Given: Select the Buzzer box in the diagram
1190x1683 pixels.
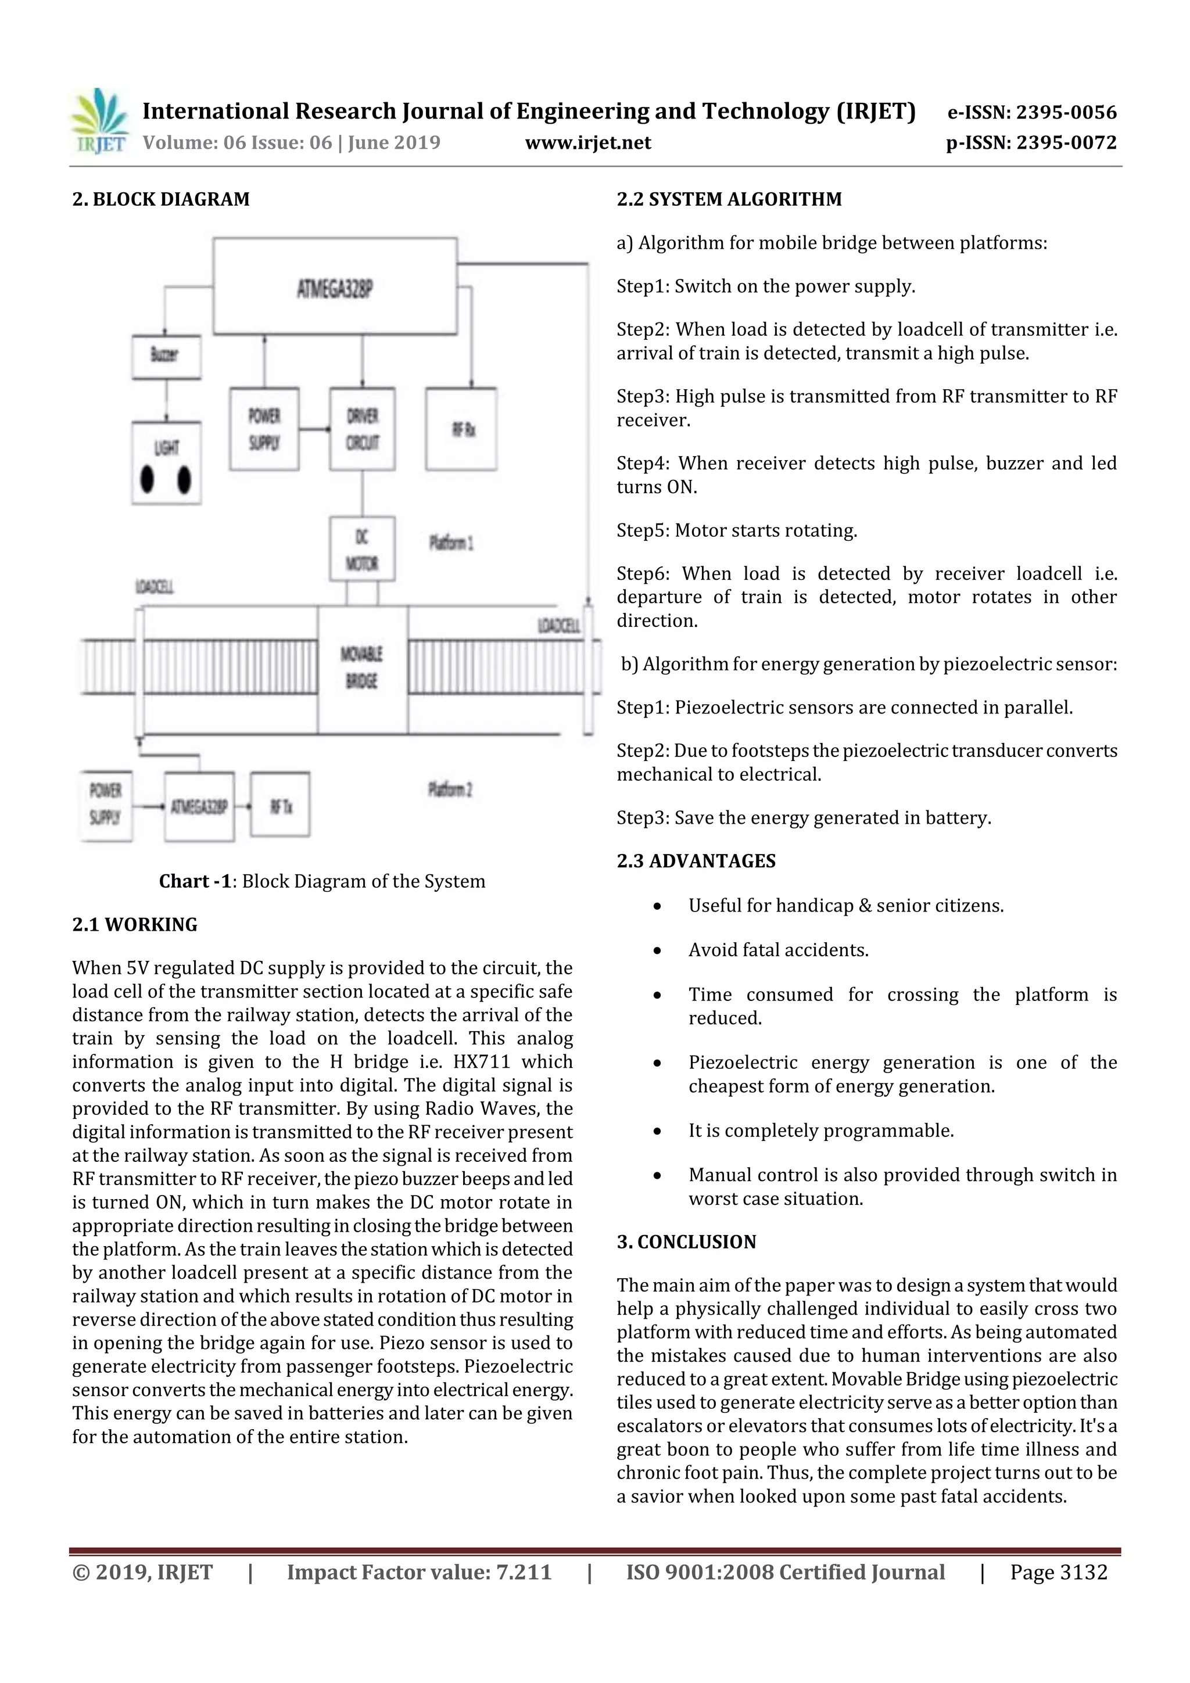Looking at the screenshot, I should tap(166, 357).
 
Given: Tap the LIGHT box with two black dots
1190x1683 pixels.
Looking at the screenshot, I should tap(166, 462).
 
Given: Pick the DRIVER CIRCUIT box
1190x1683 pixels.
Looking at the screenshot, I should tap(362, 429).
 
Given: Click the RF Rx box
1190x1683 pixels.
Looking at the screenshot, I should tap(461, 429).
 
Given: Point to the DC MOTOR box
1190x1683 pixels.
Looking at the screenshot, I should tap(362, 548).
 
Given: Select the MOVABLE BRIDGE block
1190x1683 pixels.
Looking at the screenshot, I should tap(362, 669).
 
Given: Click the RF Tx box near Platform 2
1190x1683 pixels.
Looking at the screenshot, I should tap(280, 806).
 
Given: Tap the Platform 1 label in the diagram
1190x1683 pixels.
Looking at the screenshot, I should tap(451, 543).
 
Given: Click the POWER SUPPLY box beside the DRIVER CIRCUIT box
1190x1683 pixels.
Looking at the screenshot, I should tap(264, 429).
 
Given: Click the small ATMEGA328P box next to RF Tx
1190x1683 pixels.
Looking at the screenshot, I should tap(199, 806).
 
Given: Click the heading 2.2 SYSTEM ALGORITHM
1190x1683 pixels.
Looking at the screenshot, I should tap(729, 199).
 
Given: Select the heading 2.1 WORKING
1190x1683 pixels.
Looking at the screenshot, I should tap(135, 924).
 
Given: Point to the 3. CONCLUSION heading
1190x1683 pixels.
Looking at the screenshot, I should tap(686, 1241).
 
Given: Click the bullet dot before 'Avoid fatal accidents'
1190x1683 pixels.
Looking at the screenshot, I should tap(658, 951).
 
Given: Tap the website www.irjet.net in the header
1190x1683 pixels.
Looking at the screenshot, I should tap(588, 142).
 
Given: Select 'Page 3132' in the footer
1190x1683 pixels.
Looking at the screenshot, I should tap(1058, 1572).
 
